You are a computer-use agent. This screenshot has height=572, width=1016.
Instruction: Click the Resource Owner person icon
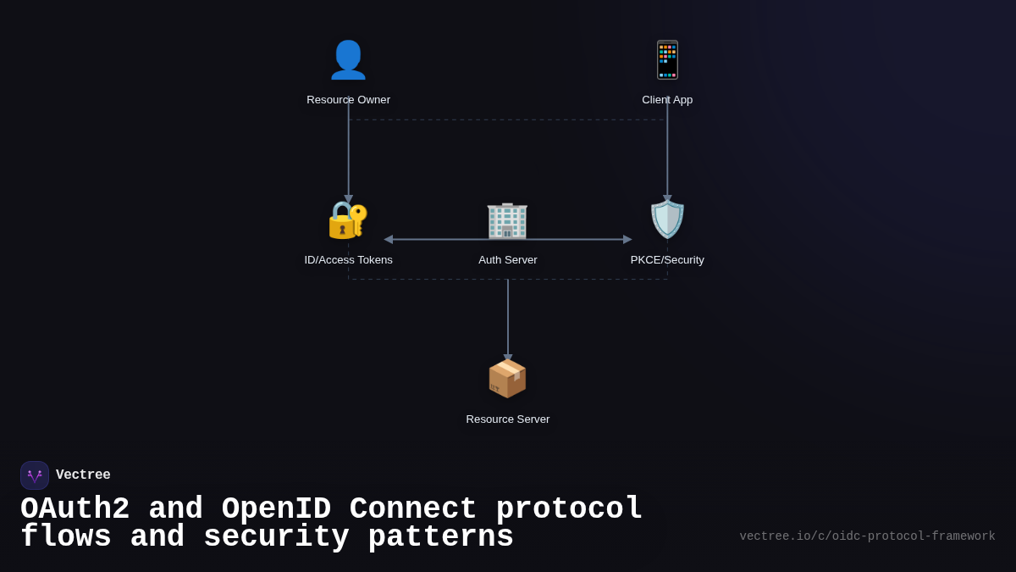(x=348, y=60)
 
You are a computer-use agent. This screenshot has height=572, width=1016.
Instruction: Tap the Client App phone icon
(x=667, y=60)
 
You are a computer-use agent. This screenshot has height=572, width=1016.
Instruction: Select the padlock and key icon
(x=348, y=219)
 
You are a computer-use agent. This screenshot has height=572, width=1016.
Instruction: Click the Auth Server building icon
(x=507, y=219)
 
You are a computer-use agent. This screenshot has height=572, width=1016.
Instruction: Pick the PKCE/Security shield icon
(x=667, y=219)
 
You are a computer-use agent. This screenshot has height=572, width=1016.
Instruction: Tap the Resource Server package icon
(x=507, y=379)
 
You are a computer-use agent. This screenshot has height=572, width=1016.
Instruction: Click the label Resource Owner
(x=348, y=100)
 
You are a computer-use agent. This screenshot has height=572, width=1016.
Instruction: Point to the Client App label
(x=667, y=100)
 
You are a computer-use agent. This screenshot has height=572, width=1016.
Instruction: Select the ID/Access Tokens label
(x=348, y=260)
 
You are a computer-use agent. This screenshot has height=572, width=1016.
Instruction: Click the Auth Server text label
(x=507, y=260)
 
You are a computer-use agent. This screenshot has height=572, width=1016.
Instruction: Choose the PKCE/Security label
(x=667, y=260)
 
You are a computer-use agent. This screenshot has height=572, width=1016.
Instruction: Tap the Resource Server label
(x=507, y=419)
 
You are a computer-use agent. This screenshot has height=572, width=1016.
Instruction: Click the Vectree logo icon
(x=35, y=475)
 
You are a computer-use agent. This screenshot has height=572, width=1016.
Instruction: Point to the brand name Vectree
(x=83, y=475)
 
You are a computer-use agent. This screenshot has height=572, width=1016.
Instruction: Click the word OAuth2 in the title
(x=75, y=509)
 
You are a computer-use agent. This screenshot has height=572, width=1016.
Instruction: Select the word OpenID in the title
(x=276, y=509)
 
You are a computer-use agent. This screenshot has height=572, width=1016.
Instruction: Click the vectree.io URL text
(x=867, y=536)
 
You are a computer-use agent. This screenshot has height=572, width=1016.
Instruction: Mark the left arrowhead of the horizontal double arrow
(x=389, y=240)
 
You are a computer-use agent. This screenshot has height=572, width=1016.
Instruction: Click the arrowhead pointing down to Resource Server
(x=508, y=358)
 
